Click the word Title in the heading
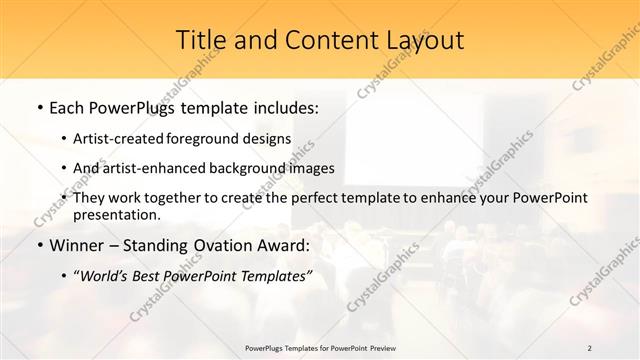click(x=200, y=41)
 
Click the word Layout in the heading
click(x=424, y=41)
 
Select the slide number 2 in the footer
click(x=590, y=347)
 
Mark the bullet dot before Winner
click(x=39, y=245)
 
